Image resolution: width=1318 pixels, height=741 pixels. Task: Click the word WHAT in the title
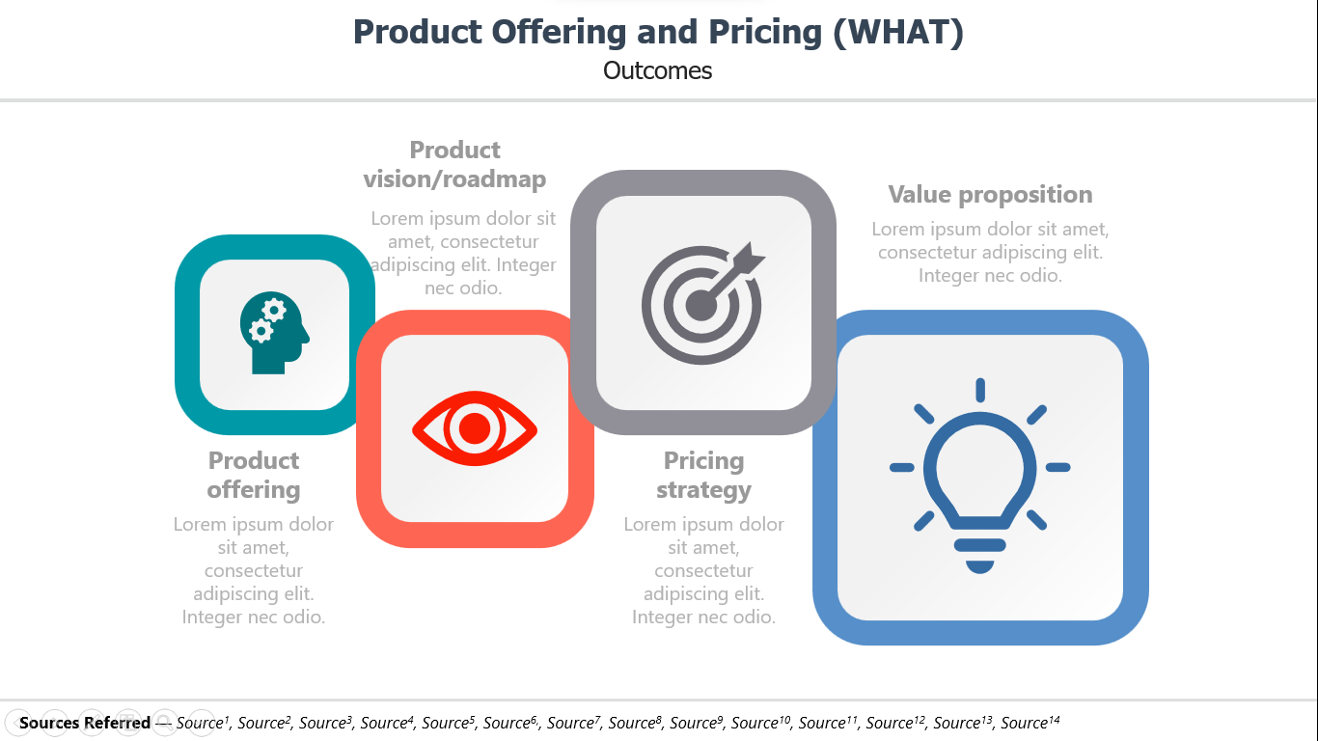898,32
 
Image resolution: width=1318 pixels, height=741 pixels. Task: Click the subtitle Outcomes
657,70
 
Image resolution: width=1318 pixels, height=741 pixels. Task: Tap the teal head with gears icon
275,333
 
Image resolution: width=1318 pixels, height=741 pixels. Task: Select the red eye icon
475,428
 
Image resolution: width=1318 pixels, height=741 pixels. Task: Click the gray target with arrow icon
703,303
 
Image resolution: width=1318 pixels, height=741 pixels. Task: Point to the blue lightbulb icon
979,476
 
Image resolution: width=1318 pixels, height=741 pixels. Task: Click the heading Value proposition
990,195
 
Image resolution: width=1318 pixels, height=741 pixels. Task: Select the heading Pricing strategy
703,475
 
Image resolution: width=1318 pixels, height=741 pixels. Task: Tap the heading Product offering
254,475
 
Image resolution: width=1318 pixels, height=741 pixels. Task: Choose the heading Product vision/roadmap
454,164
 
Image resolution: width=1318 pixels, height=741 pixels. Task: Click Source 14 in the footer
1030,722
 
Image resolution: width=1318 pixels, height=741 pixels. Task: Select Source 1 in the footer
203,722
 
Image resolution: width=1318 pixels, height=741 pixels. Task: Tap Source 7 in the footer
574,722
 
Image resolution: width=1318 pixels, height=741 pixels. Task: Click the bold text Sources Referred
85,722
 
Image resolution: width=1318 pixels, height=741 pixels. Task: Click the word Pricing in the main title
765,33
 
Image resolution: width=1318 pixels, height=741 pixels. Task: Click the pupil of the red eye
475,427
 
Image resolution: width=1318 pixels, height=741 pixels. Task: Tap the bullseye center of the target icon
701,306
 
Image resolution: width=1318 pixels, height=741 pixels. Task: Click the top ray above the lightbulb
980,390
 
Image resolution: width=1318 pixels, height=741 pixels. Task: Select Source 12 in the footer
895,722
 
